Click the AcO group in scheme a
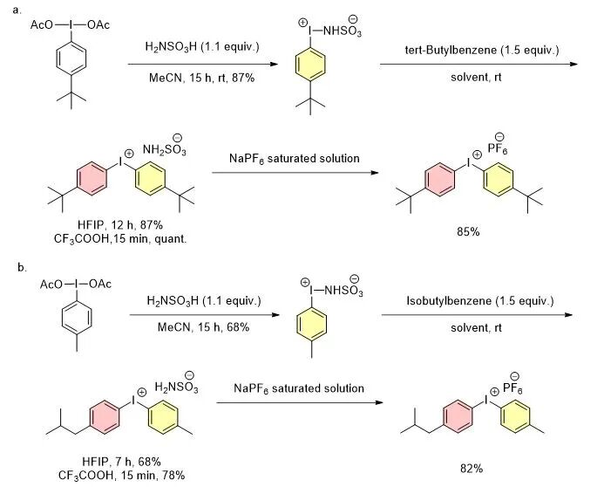(x=42, y=25)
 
